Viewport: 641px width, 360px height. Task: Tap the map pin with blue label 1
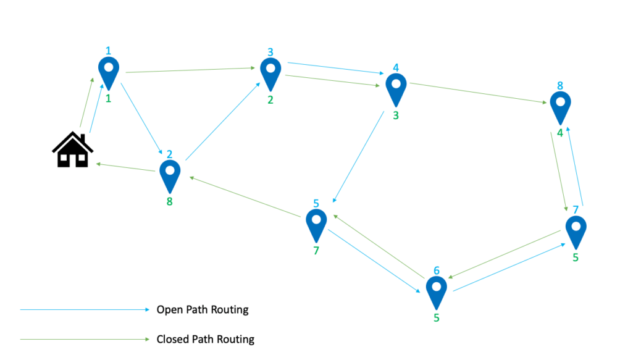tap(109, 72)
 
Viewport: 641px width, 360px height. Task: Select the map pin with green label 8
tap(170, 175)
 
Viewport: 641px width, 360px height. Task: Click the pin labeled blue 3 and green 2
tap(270, 73)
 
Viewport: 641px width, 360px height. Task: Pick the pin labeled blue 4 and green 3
tap(396, 89)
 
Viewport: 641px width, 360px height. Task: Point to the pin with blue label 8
tap(560, 107)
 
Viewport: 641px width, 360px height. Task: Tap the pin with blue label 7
tap(576, 231)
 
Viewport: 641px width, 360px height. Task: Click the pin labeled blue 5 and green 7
tap(316, 224)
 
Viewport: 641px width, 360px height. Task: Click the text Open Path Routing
tap(203, 309)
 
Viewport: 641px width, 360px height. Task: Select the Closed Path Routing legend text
tap(205, 339)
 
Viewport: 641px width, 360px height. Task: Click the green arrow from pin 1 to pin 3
tap(191, 70)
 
